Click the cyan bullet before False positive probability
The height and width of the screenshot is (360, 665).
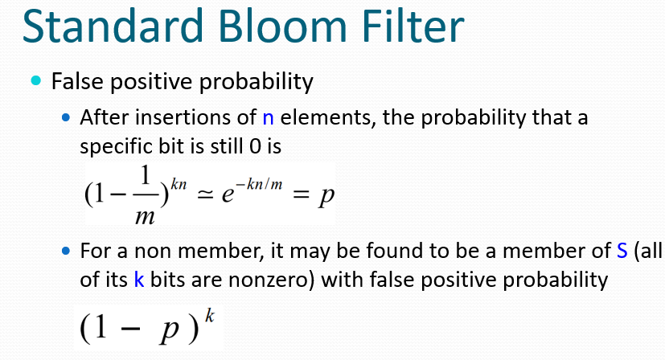point(36,80)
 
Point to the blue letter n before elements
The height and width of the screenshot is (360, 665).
point(268,118)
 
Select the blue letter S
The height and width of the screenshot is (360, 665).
point(622,251)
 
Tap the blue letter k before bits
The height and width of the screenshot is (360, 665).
point(139,280)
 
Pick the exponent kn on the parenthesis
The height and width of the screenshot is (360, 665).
point(179,184)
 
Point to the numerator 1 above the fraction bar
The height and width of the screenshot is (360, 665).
point(146,175)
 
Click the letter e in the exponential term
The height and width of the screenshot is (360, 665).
point(228,194)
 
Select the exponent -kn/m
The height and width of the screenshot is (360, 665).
point(259,184)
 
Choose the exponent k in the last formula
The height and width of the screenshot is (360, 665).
point(210,317)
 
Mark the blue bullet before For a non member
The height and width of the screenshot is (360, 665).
point(66,251)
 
